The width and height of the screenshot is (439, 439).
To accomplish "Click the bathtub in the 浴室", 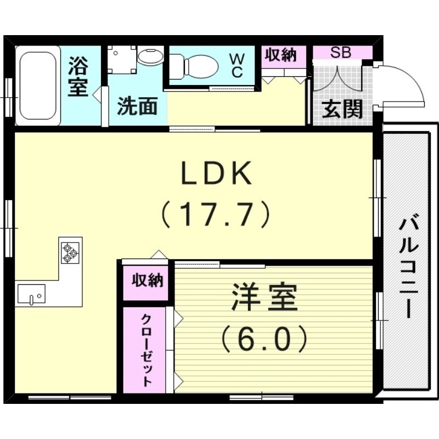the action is [x=38, y=86].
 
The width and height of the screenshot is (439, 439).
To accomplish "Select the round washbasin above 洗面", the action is [x=150, y=57].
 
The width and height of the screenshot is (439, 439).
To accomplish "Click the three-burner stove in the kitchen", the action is [x=70, y=253].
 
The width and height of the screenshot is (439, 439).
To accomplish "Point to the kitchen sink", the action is [x=31, y=294].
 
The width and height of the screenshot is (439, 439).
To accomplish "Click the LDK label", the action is [x=216, y=173].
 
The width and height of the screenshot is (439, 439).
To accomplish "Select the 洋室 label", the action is [x=264, y=297].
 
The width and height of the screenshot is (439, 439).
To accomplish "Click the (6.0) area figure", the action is [x=264, y=338].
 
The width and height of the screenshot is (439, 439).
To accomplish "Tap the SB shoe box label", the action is [x=340, y=52].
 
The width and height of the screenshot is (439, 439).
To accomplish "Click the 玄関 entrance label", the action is [x=342, y=109].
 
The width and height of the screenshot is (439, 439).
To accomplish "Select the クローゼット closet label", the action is [x=147, y=350].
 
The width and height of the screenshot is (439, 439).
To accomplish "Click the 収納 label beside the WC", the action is [x=281, y=54].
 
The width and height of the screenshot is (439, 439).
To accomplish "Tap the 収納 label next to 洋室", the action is [x=148, y=280].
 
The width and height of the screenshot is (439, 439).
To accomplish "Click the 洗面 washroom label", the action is [x=137, y=106].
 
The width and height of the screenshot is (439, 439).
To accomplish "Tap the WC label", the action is [x=237, y=66].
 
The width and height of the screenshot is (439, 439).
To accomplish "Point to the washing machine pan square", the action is [x=122, y=60].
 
